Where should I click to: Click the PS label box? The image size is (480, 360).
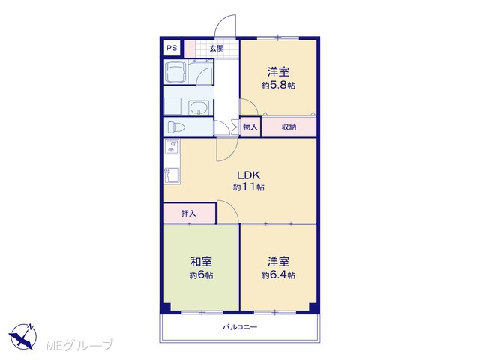(x=172, y=48)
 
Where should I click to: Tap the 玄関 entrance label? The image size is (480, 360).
(x=217, y=48)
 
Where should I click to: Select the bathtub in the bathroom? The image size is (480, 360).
(x=175, y=72)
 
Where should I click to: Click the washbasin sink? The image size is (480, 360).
(x=199, y=108)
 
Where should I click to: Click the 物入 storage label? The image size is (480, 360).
(x=250, y=127)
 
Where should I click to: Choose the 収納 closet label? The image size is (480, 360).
(x=289, y=127)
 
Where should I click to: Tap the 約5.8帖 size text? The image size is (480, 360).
(x=278, y=85)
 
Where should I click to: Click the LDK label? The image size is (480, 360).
(x=248, y=175)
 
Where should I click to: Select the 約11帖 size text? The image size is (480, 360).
(x=248, y=187)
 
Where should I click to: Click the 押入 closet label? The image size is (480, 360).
(x=188, y=213)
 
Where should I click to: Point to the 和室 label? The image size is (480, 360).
(x=201, y=262)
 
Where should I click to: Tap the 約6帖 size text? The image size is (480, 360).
(x=201, y=275)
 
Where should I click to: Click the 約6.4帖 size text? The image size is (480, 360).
(x=278, y=275)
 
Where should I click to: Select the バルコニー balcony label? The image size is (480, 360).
(x=240, y=327)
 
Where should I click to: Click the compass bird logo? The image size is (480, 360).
(x=22, y=336)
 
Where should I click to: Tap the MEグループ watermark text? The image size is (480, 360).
(x=79, y=346)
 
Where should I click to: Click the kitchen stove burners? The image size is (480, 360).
(x=172, y=146)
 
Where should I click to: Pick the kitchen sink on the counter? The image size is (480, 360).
(x=172, y=175)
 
